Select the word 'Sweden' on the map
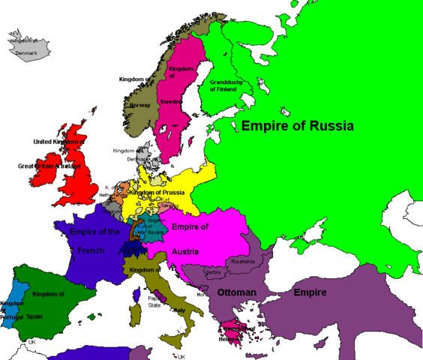171,100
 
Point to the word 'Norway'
140,105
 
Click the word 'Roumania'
243,261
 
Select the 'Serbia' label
213,272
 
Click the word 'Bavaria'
155,232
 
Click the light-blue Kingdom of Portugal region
10,307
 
